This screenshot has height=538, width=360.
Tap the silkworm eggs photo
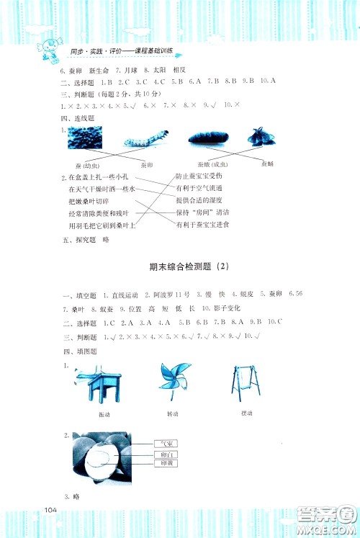(85, 138)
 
